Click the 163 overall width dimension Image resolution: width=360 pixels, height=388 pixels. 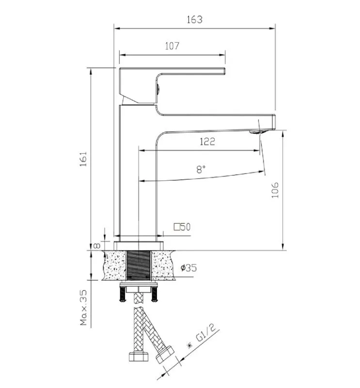(x=195, y=19)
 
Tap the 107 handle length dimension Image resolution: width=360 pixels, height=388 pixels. (x=172, y=46)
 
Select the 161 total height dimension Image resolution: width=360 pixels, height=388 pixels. (x=83, y=159)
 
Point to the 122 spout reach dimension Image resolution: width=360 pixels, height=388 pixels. (x=207, y=141)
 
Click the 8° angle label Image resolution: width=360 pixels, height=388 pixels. (x=201, y=170)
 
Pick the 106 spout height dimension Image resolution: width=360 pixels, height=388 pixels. (x=275, y=190)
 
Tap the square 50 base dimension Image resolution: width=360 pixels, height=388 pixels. (x=182, y=227)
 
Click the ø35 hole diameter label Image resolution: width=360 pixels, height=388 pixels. (x=188, y=268)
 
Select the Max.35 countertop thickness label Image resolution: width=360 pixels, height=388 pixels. (x=84, y=308)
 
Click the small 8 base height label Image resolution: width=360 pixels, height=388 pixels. (x=97, y=246)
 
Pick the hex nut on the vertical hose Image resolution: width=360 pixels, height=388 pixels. (x=139, y=357)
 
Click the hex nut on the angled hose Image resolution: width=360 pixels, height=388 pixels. (x=165, y=355)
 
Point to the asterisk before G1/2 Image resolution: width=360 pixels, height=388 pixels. (x=190, y=345)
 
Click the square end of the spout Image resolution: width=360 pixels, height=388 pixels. (x=274, y=122)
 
